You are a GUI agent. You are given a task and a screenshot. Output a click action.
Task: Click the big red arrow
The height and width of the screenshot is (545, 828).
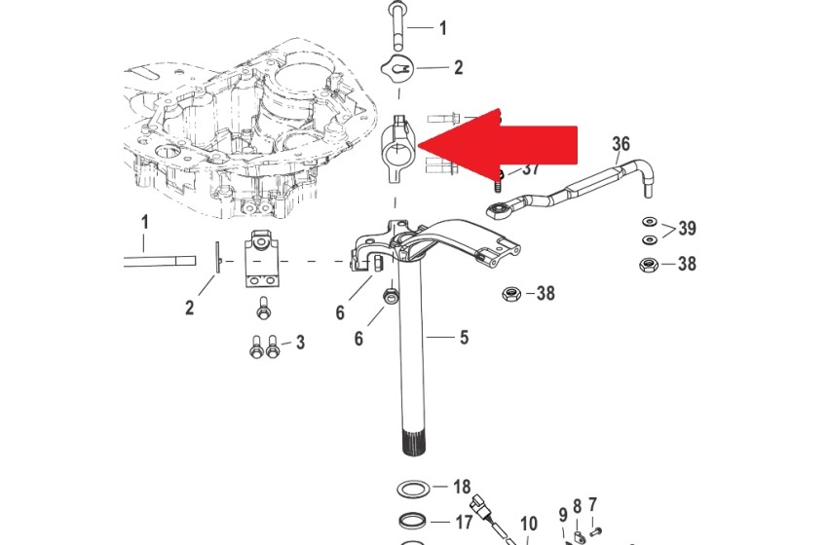click(502, 145)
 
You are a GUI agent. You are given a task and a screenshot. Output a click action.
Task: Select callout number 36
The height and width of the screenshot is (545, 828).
click(621, 143)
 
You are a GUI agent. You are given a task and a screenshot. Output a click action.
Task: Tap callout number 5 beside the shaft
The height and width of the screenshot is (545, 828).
click(464, 337)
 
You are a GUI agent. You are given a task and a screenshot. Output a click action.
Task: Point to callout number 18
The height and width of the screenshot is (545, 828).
click(462, 487)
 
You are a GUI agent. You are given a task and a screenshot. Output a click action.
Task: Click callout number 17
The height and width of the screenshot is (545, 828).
click(463, 523)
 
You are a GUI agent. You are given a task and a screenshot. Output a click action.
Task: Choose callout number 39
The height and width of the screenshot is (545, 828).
click(687, 229)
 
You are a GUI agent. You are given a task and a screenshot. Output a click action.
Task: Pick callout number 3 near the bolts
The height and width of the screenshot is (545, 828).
click(300, 343)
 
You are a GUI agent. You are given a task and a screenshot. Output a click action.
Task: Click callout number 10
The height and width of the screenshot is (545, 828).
click(529, 524)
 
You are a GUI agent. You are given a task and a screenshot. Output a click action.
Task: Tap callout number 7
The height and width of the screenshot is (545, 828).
click(592, 505)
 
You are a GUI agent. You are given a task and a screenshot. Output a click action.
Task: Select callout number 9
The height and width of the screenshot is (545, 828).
click(563, 515)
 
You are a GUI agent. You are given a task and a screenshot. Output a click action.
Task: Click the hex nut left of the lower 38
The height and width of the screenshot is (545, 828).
click(511, 293)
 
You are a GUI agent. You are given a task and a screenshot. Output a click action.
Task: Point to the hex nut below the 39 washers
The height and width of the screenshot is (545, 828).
click(648, 265)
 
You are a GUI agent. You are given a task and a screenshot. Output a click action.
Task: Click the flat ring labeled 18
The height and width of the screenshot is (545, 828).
click(412, 490)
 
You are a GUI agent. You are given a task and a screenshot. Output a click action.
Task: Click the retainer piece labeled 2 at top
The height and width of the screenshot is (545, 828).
click(396, 68)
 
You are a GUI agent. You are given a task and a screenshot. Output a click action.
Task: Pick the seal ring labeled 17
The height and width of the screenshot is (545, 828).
click(412, 523)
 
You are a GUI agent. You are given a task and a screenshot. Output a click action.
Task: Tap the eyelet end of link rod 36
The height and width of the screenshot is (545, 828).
click(497, 210)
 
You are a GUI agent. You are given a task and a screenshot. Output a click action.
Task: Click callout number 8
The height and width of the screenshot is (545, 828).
click(578, 506)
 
